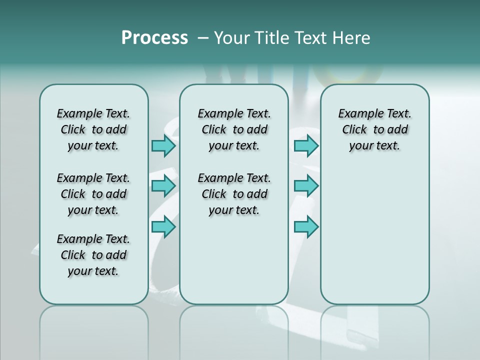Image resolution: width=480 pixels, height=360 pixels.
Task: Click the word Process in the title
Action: point(154,38)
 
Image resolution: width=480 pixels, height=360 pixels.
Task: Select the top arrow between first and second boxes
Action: point(163,145)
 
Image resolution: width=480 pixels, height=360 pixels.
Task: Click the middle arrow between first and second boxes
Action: point(163,186)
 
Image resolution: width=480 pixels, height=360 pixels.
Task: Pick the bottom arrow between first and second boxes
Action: point(163,226)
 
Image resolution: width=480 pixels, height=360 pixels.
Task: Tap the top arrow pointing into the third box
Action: point(306,145)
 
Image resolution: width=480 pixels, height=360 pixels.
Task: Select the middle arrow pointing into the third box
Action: point(306,186)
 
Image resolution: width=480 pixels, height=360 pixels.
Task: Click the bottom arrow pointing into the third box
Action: point(306,226)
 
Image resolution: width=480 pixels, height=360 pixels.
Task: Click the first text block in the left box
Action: point(93,129)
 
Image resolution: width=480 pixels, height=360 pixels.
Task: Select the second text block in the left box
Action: point(93,194)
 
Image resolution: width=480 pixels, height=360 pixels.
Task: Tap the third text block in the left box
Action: point(93,255)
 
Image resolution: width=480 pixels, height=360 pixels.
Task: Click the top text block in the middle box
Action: point(234,129)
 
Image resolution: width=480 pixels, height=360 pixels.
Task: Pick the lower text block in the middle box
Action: point(234,194)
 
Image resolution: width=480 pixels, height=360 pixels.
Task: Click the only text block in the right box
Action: point(374,129)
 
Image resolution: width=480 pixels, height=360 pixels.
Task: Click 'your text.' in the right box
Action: point(374,146)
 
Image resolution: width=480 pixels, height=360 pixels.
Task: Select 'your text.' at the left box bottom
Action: point(93,271)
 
